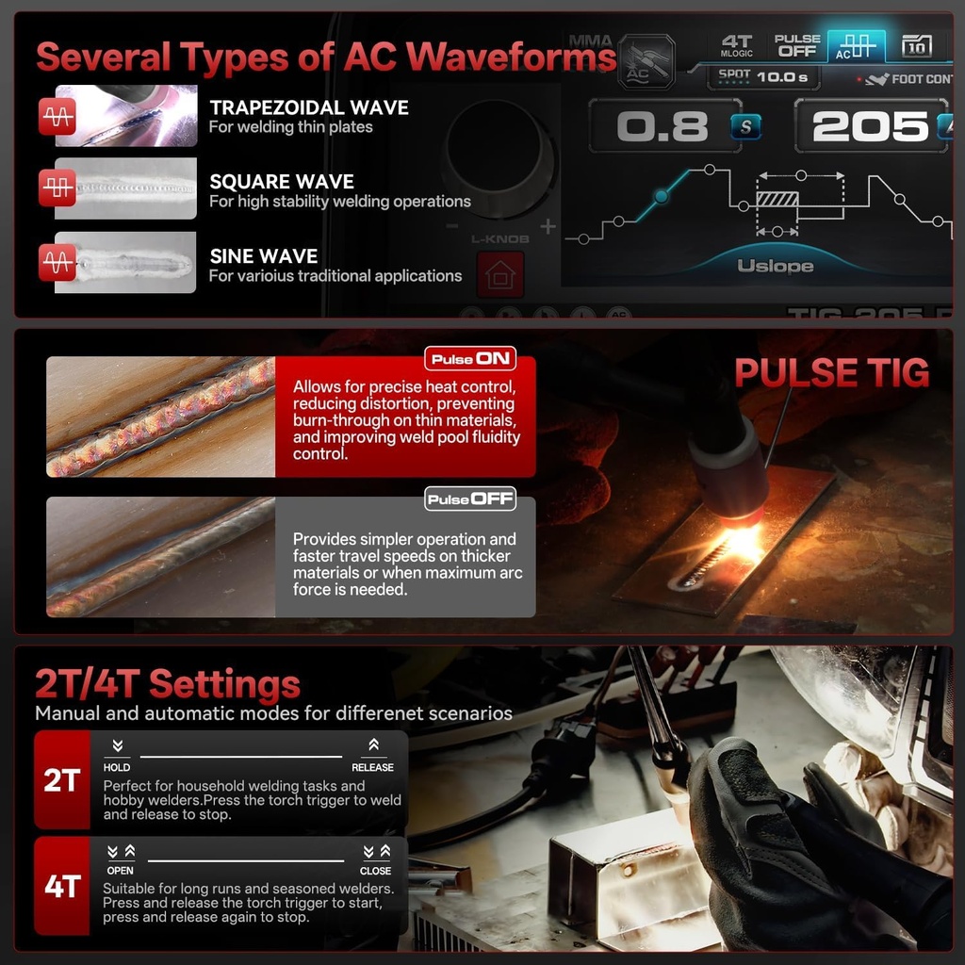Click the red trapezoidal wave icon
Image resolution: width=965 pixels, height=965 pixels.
tap(57, 117)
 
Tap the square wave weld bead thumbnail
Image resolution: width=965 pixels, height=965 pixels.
tap(125, 188)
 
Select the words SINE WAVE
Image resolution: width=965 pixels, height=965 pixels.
tap(263, 256)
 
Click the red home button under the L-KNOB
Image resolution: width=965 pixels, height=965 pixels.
tap(499, 275)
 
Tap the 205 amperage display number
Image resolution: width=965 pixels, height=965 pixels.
tap(869, 126)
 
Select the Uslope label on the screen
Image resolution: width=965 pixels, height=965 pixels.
tap(775, 267)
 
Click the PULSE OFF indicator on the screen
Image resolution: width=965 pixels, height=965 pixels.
tap(797, 45)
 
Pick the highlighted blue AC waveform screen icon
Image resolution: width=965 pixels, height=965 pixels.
tap(856, 46)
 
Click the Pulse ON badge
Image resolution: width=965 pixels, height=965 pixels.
tap(469, 359)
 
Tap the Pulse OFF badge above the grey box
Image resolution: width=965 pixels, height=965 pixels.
tap(469, 499)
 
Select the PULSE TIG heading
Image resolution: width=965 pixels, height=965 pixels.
tap(831, 373)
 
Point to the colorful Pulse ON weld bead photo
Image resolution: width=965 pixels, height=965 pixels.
tap(160, 417)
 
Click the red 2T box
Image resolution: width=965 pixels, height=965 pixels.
tap(61, 780)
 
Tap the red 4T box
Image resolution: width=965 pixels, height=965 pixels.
tap(61, 886)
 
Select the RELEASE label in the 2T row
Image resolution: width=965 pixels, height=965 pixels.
tap(372, 767)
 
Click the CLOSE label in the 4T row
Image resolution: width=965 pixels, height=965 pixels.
tap(375, 871)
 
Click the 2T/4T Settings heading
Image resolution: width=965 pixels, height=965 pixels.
tap(168, 683)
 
